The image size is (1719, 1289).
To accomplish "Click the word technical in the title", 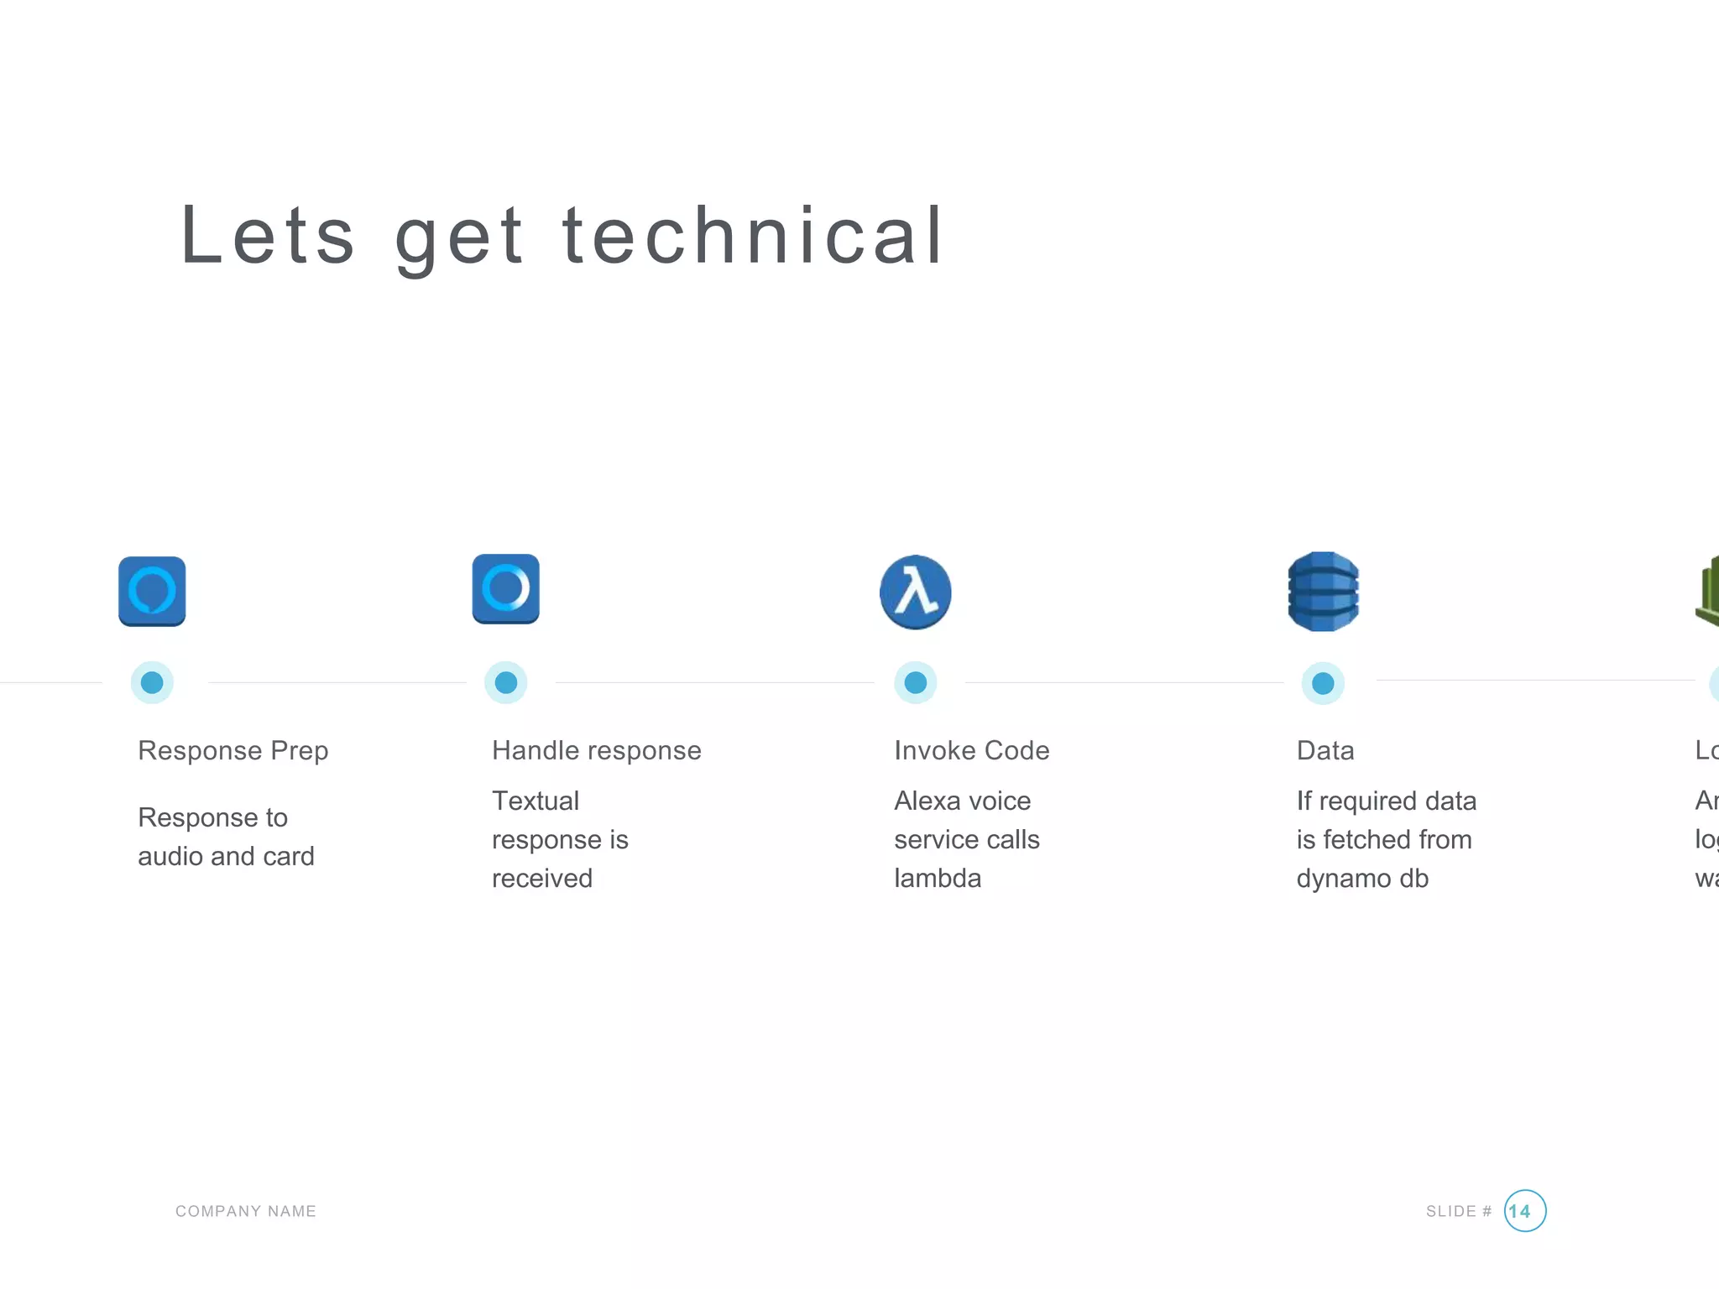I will coord(753,236).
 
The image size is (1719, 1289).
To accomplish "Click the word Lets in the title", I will coord(268,236).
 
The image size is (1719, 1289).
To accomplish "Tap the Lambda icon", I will coord(915,592).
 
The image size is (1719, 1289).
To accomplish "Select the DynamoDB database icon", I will coord(1323,592).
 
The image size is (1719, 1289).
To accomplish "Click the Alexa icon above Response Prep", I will coord(152,591).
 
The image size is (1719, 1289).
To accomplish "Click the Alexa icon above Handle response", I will coord(505,588).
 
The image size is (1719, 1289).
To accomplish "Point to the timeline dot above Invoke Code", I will coord(915,682).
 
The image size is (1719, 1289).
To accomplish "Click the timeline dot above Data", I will coord(1323,683).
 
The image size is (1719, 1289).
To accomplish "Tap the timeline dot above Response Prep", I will coord(152,682).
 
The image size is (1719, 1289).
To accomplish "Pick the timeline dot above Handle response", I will coord(506,682).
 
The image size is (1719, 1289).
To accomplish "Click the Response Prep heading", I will coord(233,750).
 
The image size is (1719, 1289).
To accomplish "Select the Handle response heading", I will coord(596,750).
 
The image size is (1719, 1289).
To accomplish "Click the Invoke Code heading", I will coord(971,750).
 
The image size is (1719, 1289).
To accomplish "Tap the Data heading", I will coord(1325,750).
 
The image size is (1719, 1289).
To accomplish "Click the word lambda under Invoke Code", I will coord(938,878).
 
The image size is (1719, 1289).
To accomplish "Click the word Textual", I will coord(535,801).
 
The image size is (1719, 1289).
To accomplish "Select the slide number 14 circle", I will coord(1524,1210).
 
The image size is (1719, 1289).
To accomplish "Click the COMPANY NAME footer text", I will coord(245,1211).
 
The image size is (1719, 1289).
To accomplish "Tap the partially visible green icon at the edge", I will coord(1708,592).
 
